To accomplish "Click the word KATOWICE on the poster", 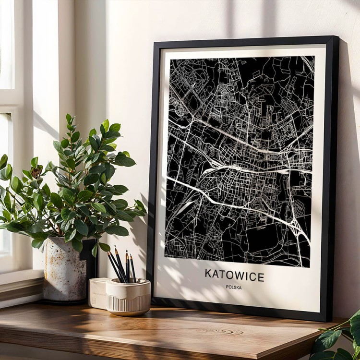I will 234,276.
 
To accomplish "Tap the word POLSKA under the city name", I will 234,288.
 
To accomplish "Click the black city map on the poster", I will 239,158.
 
